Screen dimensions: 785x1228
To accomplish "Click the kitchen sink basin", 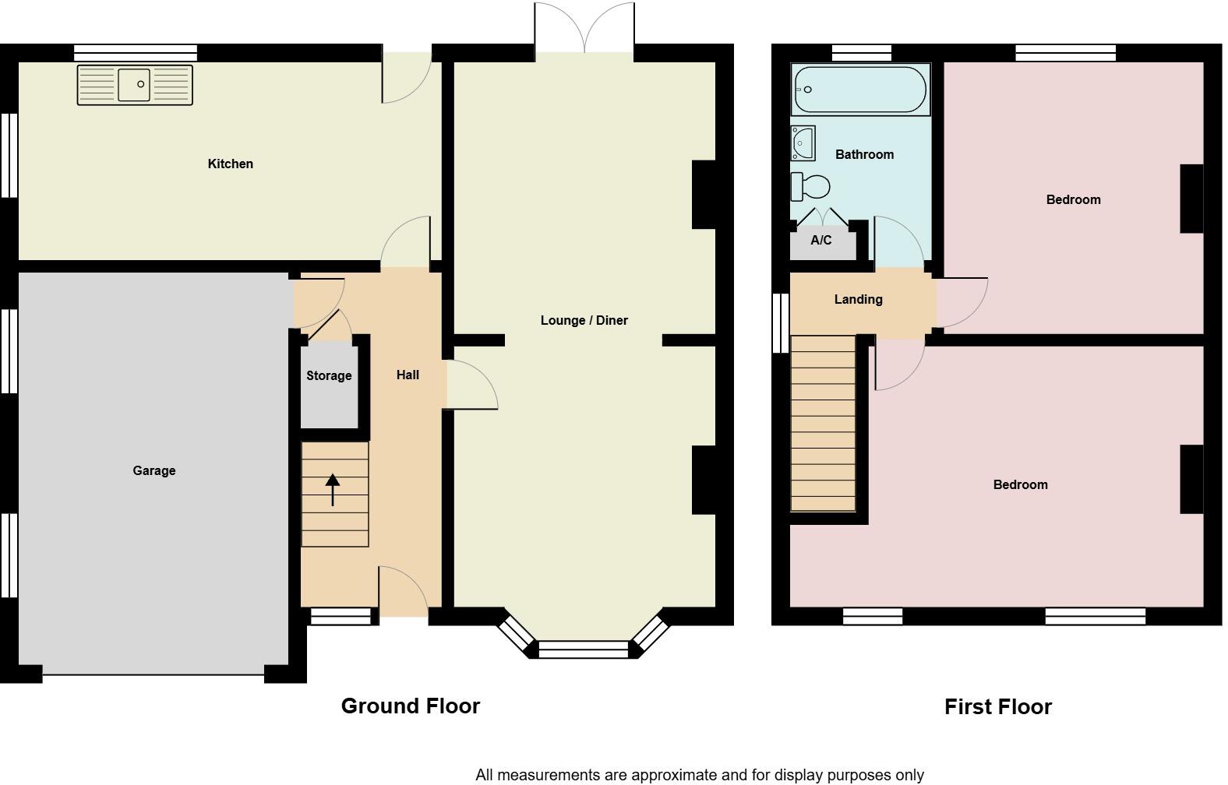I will [134, 85].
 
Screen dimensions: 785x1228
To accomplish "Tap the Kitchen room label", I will [230, 164].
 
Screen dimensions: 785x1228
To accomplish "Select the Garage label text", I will [153, 470].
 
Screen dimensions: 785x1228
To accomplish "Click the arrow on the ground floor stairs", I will [333, 490].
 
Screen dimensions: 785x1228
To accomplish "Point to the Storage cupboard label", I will [329, 375].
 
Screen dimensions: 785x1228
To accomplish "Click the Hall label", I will [408, 375].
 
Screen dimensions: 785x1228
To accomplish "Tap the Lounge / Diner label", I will [584, 320].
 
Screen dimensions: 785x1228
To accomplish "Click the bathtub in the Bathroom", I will [859, 90].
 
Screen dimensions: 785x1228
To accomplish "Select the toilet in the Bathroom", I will [810, 187].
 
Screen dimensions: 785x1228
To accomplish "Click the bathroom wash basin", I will [803, 143].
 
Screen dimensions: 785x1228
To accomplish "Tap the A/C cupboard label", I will [820, 240].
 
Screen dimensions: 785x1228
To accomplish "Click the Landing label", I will [858, 299].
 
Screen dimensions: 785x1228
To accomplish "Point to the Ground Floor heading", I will [410, 706].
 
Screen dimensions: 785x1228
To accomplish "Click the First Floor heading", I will [997, 706].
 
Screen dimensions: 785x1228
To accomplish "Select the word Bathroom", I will [864, 154].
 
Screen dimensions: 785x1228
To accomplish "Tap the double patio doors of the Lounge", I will [584, 30].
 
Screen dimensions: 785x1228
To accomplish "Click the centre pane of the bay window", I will [584, 649].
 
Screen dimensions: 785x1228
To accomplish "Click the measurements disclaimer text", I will [699, 774].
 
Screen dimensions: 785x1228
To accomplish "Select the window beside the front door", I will [341, 617].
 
